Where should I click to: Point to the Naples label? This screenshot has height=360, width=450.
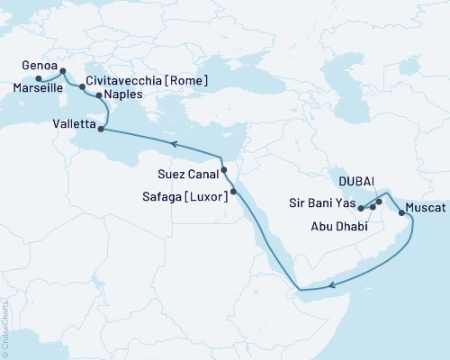pos(122,94)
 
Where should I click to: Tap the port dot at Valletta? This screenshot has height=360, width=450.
pos(100,130)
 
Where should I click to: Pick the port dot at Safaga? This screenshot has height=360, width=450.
pos(233,191)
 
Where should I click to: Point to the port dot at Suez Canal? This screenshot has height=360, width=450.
pos(224,169)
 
